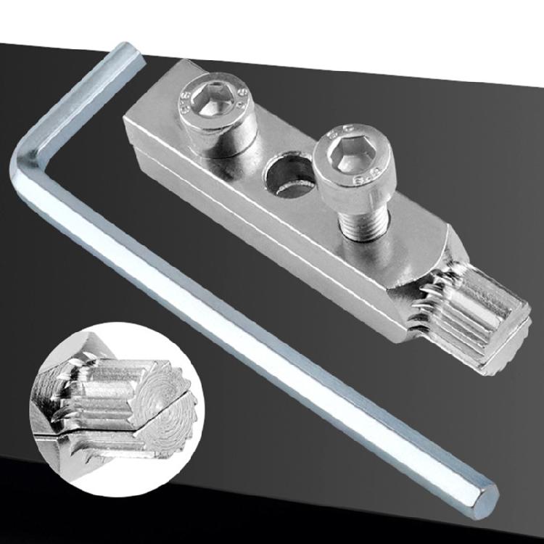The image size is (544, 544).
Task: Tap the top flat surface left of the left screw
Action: pyautogui.click(x=156, y=109)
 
